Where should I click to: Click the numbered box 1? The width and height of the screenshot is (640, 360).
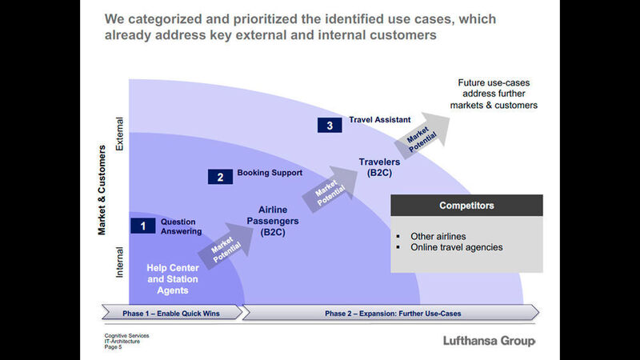(142, 226)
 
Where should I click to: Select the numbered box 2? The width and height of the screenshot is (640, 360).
(220, 176)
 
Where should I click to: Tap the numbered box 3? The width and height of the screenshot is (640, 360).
(330, 125)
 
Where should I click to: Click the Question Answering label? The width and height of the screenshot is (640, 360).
(178, 226)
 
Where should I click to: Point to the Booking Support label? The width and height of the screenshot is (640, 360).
(270, 173)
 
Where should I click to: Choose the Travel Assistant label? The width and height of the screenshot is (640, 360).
(380, 121)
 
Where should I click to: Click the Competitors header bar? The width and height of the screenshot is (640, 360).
(466, 206)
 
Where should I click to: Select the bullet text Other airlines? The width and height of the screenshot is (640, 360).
(438, 236)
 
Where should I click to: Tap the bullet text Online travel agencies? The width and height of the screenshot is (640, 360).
(456, 247)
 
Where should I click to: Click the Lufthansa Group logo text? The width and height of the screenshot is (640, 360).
(489, 342)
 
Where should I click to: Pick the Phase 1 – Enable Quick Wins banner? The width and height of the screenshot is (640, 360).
(170, 312)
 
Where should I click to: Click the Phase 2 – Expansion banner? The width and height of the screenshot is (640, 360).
(392, 312)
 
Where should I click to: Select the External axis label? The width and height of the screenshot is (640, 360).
(120, 136)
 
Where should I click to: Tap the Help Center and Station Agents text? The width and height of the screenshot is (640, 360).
(172, 274)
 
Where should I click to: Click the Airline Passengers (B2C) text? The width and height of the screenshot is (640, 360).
(274, 221)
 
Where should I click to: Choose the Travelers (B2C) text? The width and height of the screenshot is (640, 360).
(379, 167)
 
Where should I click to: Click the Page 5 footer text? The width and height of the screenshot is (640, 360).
(115, 346)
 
